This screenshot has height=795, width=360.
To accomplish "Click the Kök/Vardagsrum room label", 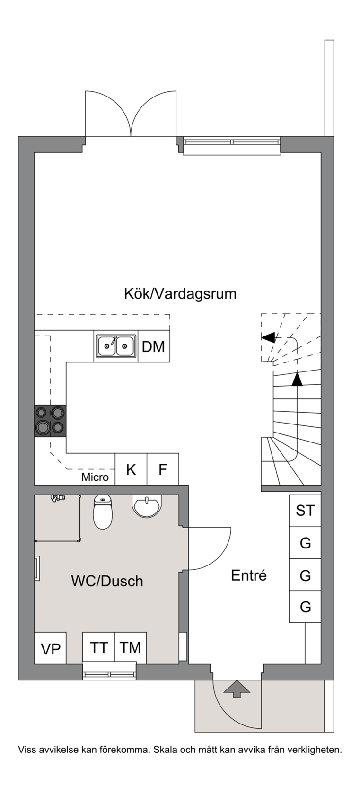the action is (180, 294).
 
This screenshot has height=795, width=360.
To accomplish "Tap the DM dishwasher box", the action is (154, 346).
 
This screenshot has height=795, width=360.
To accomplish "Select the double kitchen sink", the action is (116, 346).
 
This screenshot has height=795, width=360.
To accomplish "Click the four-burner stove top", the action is (50, 421).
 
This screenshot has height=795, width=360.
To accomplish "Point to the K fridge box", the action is (131, 469).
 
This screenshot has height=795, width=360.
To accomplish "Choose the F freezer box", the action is (163, 469).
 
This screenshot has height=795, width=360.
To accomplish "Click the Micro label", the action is (95, 477).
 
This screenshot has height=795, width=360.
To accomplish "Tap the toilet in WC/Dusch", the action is (103, 512).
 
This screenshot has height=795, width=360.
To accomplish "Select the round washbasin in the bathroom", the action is (147, 505).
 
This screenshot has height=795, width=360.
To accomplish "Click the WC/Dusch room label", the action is (107, 581).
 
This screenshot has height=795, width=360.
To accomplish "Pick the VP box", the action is (50, 648).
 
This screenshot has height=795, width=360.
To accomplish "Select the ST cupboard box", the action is (305, 511).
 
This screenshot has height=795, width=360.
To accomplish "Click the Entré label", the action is (249, 575).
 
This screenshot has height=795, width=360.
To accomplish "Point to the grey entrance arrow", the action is (237, 689).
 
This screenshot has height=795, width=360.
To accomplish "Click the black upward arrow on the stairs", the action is (297, 379).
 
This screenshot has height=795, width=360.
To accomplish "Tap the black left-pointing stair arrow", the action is (268, 337).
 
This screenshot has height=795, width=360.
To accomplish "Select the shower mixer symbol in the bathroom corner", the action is (58, 498).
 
